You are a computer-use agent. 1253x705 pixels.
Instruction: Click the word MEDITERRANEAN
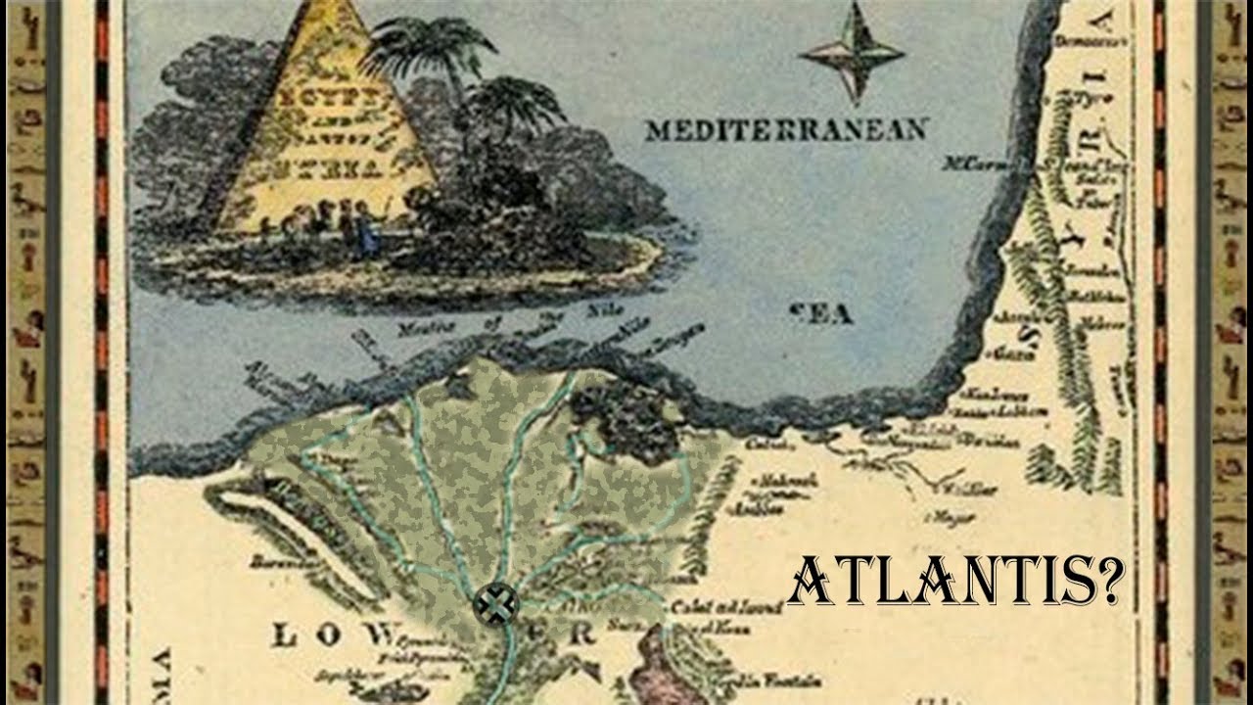(786, 129)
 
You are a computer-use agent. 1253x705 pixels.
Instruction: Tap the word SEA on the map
(820, 313)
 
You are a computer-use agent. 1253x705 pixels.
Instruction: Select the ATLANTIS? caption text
(955, 584)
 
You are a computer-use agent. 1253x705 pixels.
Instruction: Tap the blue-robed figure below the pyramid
(366, 232)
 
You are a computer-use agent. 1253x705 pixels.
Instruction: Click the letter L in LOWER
(283, 636)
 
